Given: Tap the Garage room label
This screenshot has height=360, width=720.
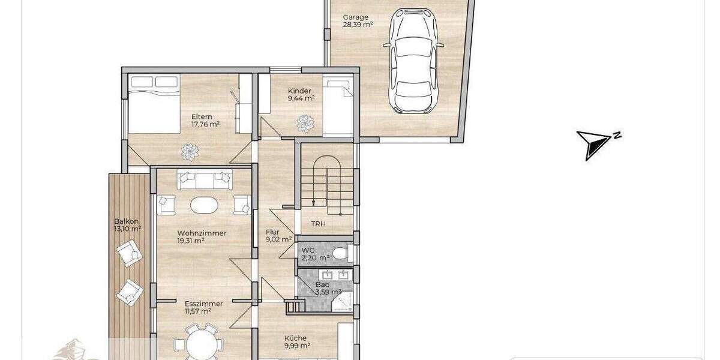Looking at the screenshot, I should click(x=355, y=17).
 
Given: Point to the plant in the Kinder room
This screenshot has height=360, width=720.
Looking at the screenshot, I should click(x=306, y=124).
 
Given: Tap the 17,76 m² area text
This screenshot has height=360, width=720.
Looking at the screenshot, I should click(x=205, y=125).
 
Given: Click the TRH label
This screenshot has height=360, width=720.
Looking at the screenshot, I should click(x=318, y=224).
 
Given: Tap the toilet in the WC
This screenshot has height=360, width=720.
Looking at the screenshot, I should click(x=340, y=253).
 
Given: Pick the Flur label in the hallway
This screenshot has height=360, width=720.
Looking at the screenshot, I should click(x=273, y=232).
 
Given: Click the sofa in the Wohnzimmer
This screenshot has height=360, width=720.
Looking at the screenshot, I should click(x=204, y=179).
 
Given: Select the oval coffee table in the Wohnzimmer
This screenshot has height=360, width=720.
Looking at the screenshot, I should click(x=204, y=205).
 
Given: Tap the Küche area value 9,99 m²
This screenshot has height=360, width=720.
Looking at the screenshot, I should click(x=297, y=346).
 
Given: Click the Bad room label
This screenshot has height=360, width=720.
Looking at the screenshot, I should click(x=323, y=284).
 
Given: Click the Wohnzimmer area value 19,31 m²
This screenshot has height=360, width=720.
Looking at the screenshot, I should click(x=191, y=241).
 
